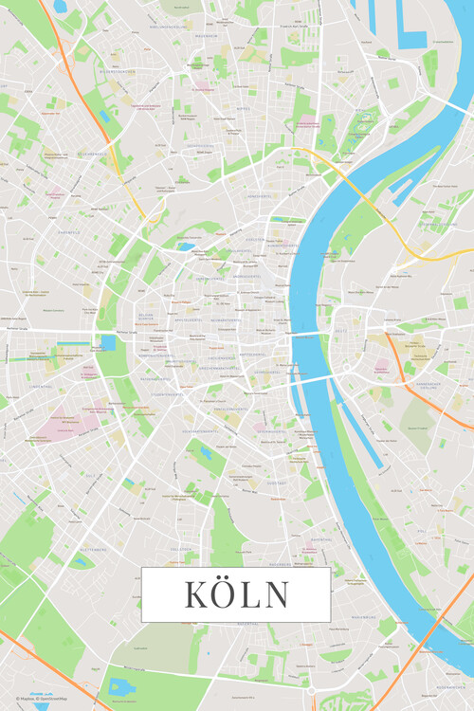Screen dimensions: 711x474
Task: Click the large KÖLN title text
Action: pyautogui.click(x=236, y=594)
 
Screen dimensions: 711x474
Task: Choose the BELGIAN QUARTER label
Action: pyautogui.click(x=145, y=316)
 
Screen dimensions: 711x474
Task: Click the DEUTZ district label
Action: pyautogui.click(x=340, y=330)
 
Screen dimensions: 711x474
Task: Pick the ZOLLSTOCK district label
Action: pyautogui.click(x=182, y=549)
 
